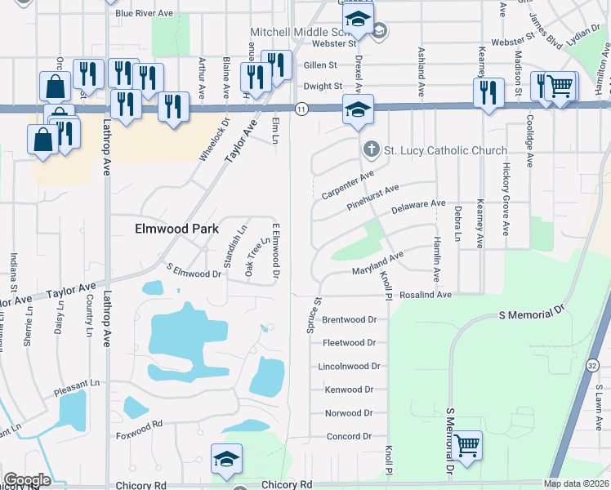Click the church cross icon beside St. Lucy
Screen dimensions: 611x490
[x=371, y=150]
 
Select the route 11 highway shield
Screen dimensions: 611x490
[x=301, y=109]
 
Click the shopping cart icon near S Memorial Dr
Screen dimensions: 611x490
[x=467, y=445]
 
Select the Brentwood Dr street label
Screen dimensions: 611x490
[x=349, y=319]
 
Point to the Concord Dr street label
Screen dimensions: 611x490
[x=349, y=437]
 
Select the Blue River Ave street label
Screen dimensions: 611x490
[x=145, y=14]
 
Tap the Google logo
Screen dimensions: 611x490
[x=27, y=480]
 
